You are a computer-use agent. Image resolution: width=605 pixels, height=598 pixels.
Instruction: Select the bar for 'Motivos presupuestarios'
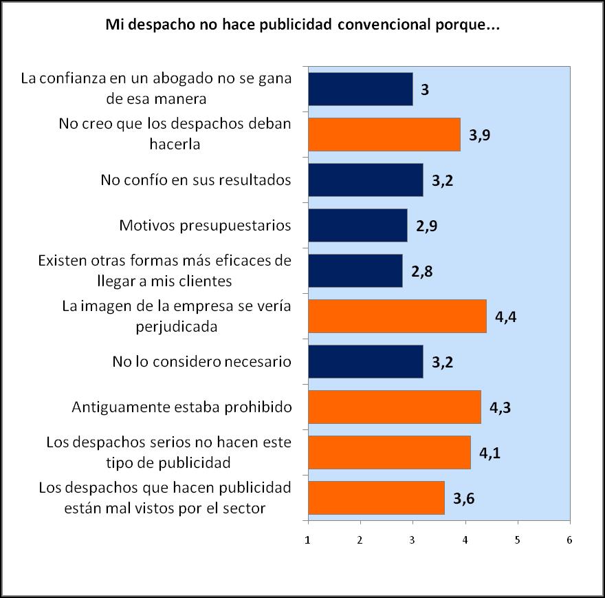357,225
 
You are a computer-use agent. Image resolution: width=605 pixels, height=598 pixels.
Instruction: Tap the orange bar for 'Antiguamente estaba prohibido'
395,407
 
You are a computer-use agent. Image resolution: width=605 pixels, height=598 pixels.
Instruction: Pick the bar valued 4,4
397,316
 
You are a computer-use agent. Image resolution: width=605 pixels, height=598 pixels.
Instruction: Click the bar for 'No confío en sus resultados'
366,180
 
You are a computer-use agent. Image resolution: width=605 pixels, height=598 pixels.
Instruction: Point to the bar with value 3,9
384,134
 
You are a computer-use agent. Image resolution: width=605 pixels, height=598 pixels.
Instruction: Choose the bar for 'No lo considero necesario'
366,361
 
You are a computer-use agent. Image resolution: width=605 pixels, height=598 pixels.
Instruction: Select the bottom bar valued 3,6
376,498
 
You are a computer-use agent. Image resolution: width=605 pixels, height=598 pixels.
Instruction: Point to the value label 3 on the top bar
425,89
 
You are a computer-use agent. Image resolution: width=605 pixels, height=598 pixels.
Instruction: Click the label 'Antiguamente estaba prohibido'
182,407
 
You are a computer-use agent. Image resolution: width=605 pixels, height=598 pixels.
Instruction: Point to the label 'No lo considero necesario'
201,361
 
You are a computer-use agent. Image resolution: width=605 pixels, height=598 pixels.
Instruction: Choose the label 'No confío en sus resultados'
196,180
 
